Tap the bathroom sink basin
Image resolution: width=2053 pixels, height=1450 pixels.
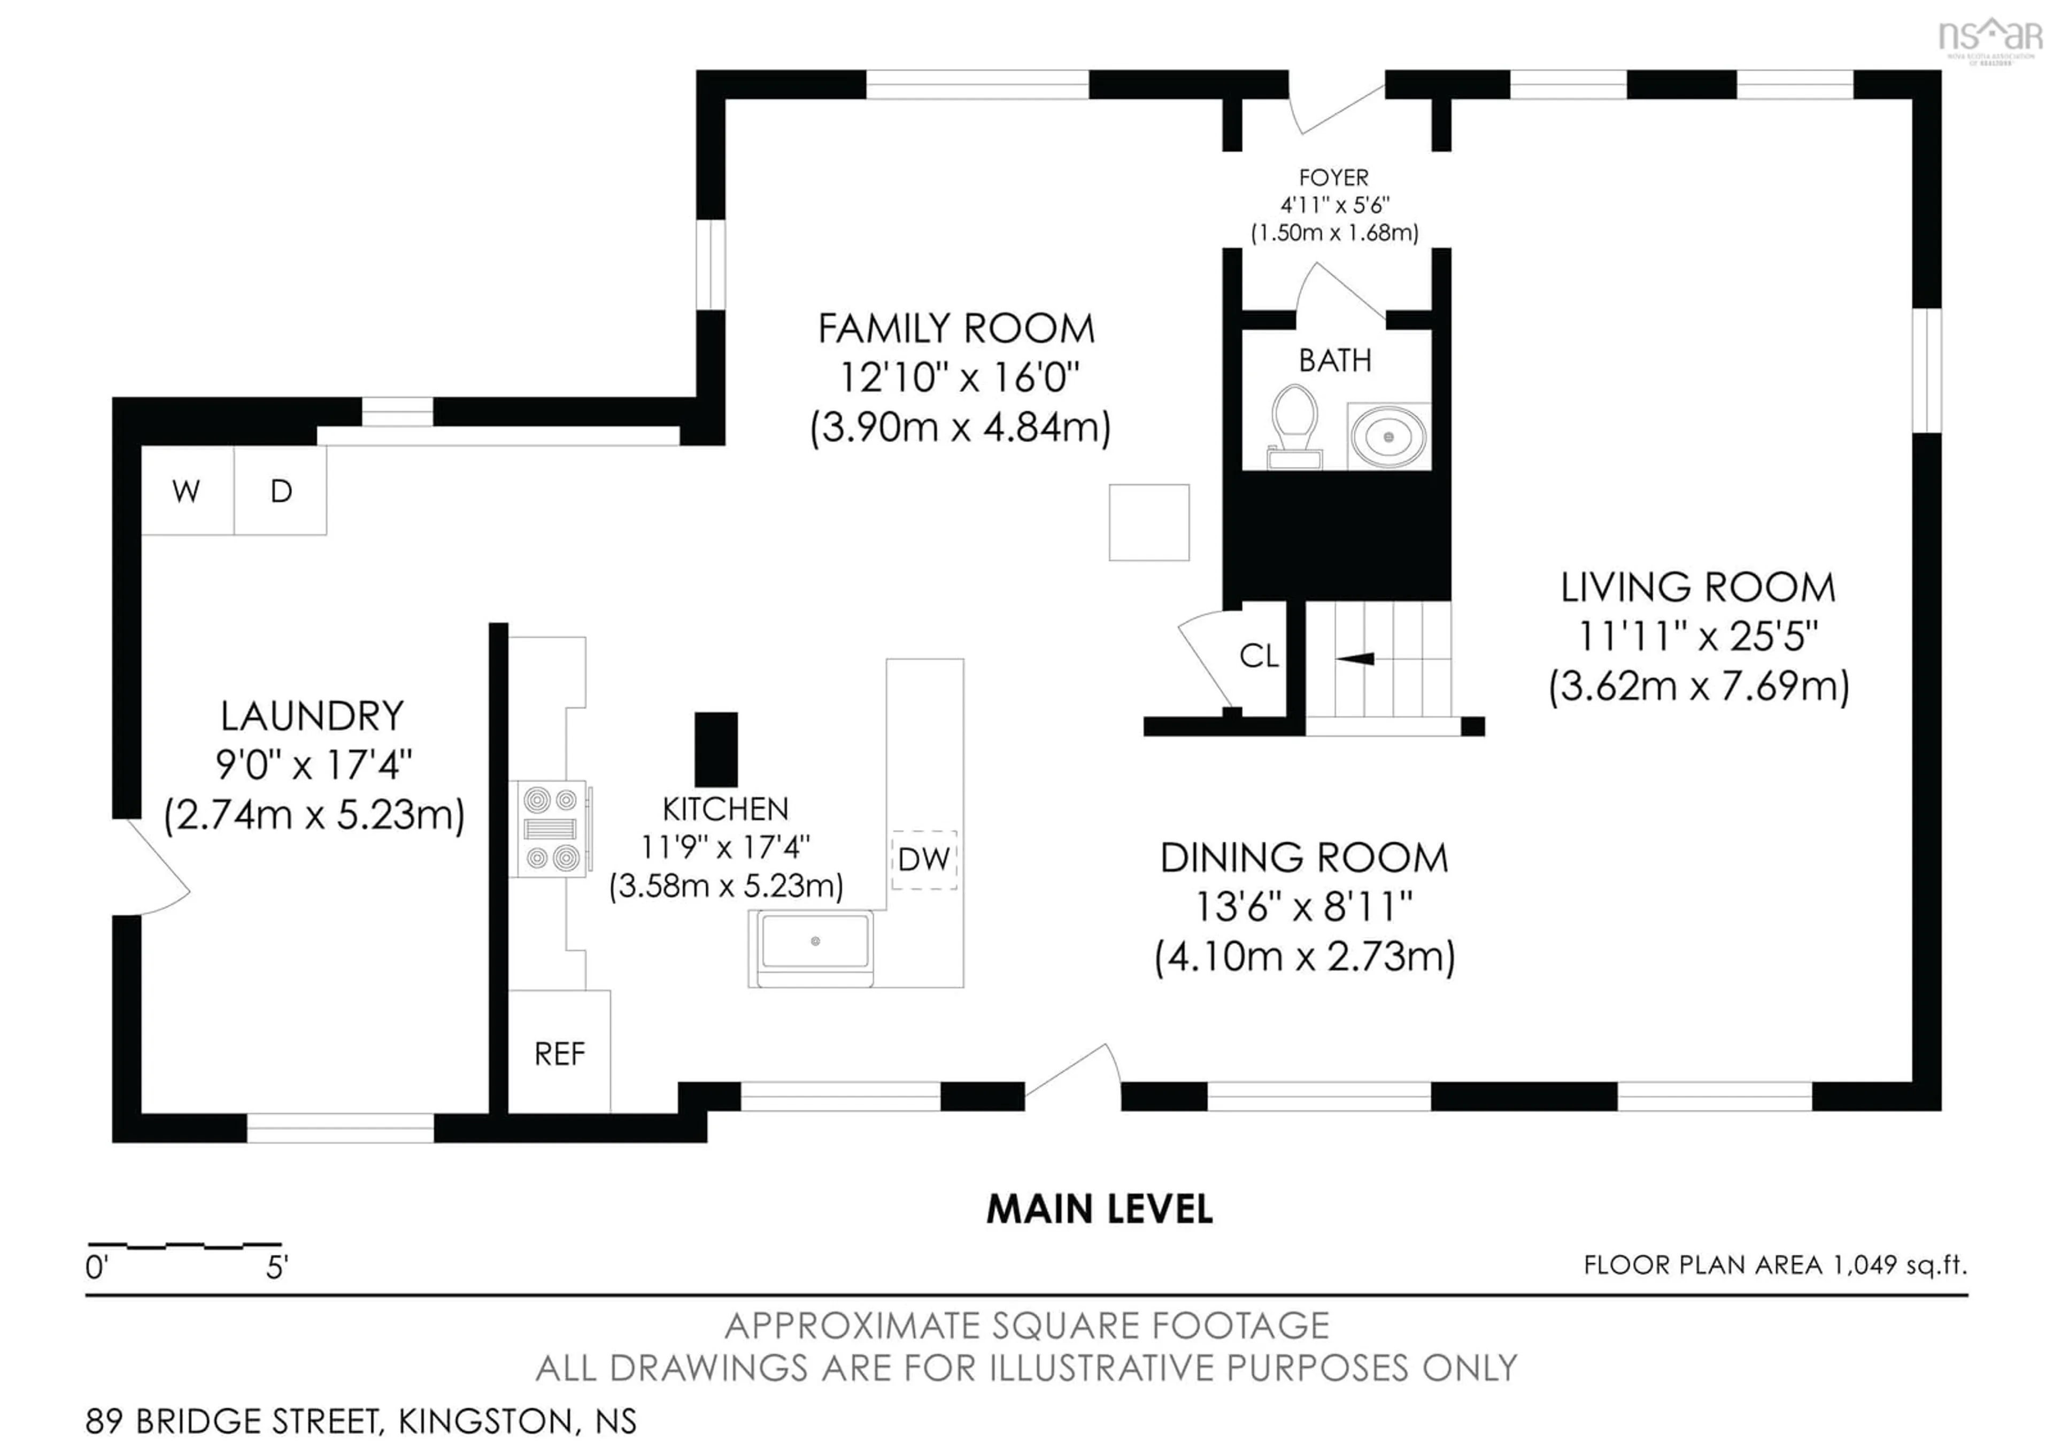(x=1388, y=436)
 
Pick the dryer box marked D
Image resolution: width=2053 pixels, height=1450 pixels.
(x=281, y=491)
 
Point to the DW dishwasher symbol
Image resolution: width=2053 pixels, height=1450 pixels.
(x=924, y=859)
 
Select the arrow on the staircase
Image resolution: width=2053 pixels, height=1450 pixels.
(x=1355, y=659)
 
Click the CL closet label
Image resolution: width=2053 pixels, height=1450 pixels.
(x=1259, y=656)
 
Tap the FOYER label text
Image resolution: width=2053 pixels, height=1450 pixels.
(x=1333, y=178)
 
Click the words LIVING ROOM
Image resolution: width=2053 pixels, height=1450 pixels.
(x=1697, y=588)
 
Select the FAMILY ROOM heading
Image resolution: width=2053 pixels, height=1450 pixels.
(x=956, y=329)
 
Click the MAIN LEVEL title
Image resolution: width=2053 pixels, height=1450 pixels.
(x=1099, y=1209)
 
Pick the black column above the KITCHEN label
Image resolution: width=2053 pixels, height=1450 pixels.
(x=716, y=749)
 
